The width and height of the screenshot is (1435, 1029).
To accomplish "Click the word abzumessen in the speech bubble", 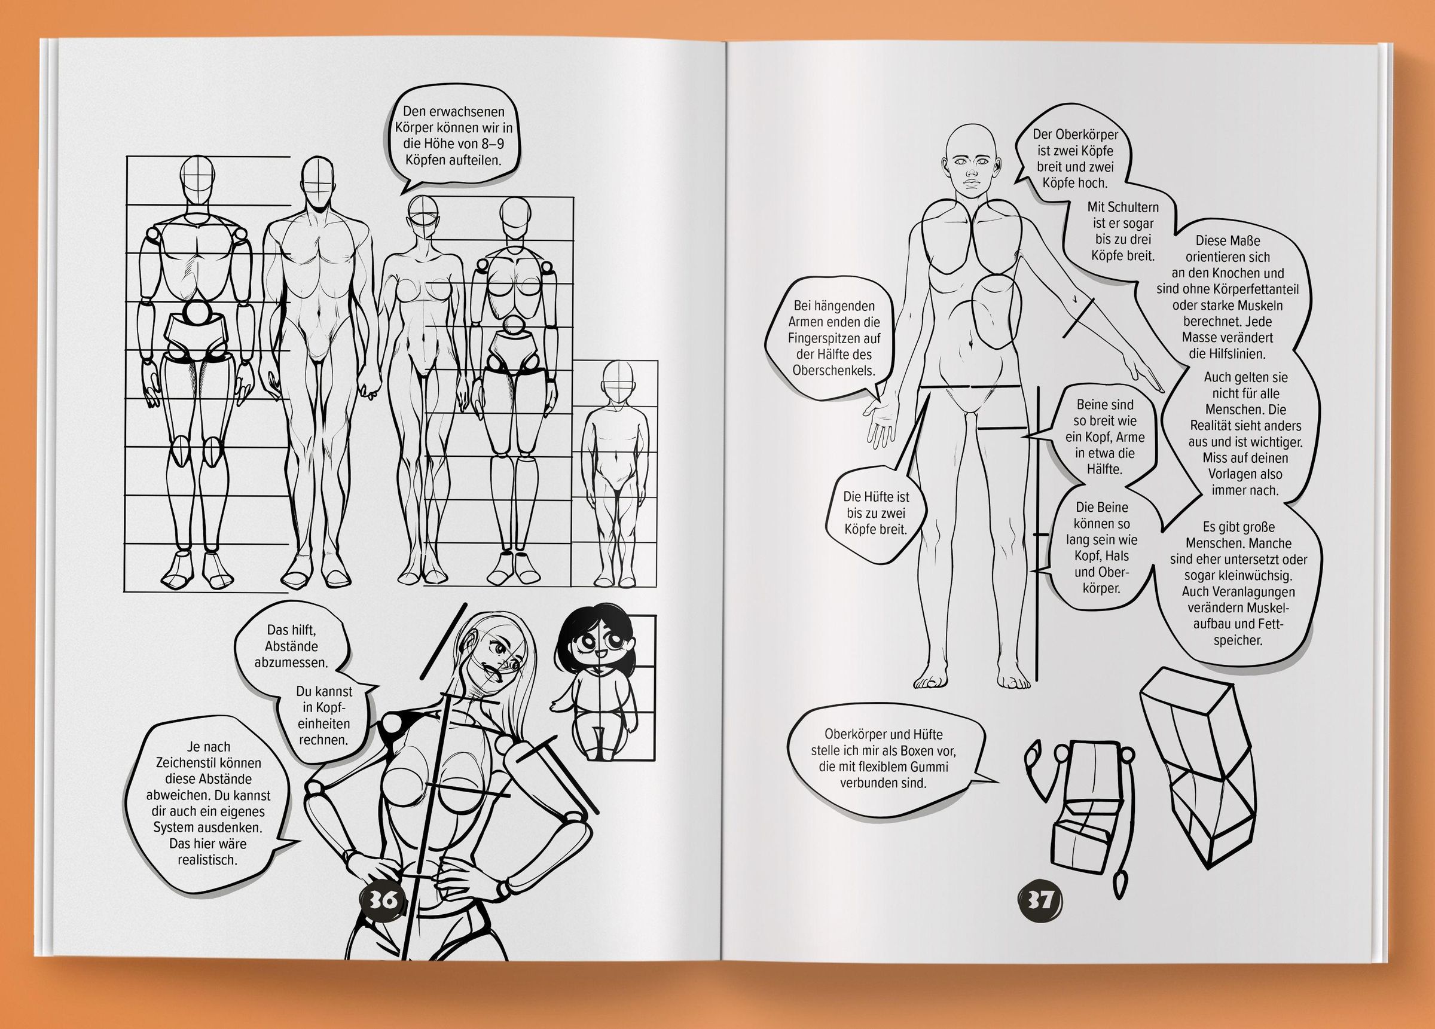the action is click(x=291, y=662).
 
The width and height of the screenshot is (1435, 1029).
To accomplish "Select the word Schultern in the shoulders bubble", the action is click(x=1132, y=207).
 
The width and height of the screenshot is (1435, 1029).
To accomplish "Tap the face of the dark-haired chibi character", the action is click(x=598, y=651).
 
